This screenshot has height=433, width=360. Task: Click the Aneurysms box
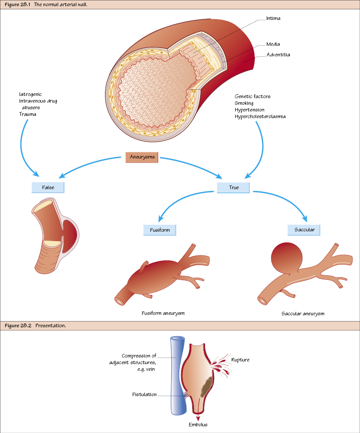[142, 157]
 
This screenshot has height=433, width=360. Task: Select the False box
[48, 187]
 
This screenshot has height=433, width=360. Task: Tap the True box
[233, 187]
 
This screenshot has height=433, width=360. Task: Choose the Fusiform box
[159, 230]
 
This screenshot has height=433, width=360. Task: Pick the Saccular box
[304, 230]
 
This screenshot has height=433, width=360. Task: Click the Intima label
[273, 19]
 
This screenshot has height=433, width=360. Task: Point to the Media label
[273, 44]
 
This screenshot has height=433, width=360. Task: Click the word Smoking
[245, 103]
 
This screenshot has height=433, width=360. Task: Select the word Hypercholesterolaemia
[260, 116]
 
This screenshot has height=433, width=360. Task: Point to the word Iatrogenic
[31, 95]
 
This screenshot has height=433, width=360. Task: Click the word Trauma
[28, 114]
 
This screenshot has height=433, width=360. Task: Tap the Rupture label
[240, 360]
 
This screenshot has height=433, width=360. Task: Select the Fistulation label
[144, 394]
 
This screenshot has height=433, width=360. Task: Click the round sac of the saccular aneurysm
[286, 258]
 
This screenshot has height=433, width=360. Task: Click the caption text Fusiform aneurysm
[163, 313]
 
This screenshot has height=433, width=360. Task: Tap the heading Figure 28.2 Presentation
[36, 326]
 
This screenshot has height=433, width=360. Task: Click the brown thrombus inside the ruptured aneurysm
[206, 385]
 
